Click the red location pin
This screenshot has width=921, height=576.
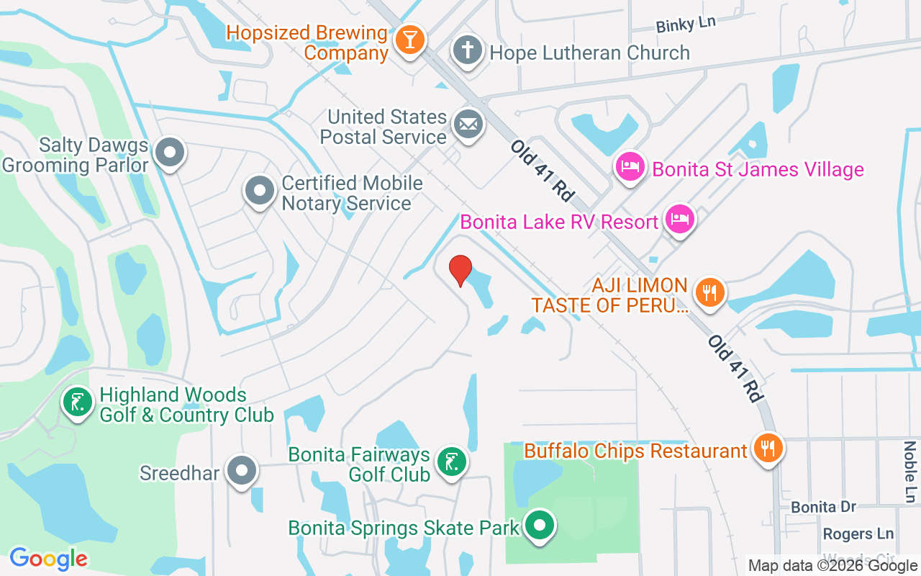[460, 271]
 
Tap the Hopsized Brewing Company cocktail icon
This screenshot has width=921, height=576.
[410, 40]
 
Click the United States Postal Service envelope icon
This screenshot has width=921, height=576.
[468, 125]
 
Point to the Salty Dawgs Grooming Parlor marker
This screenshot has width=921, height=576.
[170, 153]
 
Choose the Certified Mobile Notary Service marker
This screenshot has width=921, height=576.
[260, 192]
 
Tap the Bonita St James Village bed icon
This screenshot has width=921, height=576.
[630, 168]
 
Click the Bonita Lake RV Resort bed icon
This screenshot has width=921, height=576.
[679, 218]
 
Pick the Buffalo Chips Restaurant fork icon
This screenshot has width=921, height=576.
[768, 449]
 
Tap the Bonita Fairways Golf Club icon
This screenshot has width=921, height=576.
[451, 462]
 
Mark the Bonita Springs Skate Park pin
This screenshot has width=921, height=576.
[539, 526]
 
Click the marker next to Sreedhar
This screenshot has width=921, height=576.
[241, 471]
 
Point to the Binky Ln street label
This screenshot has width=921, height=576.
[686, 24]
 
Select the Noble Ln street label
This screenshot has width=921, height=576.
[910, 472]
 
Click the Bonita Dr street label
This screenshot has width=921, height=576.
[824, 507]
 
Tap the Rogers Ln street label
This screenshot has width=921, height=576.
[858, 534]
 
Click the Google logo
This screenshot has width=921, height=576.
[49, 558]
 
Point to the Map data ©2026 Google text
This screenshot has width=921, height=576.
[832, 566]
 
